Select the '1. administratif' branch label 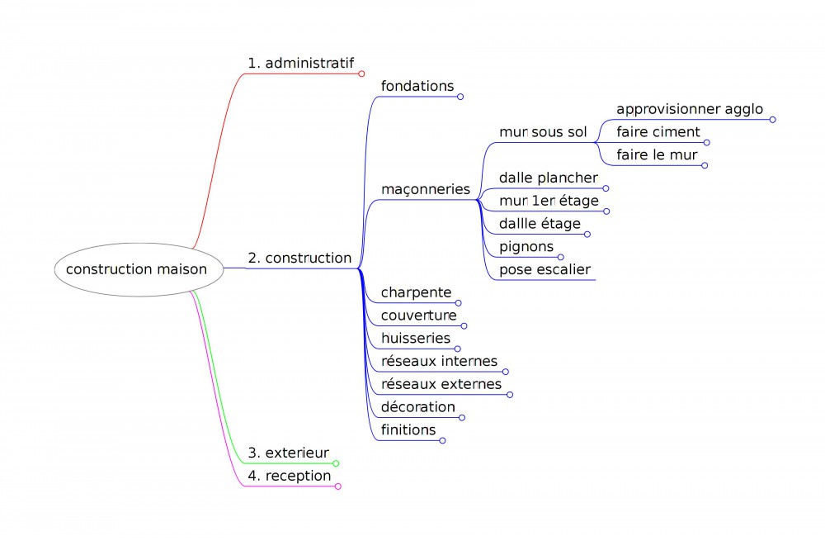[300, 63]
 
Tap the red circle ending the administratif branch [361, 74]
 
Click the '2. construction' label [299, 258]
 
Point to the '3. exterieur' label [288, 453]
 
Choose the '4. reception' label [289, 476]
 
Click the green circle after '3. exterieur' [336, 463]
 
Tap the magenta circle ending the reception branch [338, 486]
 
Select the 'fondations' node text [417, 86]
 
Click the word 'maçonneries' [425, 189]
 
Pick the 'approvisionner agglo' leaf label [690, 109]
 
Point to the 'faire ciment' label [658, 132]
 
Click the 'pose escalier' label [544, 269]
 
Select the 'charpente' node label [416, 292]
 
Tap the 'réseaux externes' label [441, 384]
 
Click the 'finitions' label [408, 429]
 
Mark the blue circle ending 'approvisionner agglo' [773, 120]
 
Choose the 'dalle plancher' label [548, 178]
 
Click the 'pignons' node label [526, 246]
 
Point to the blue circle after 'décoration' [462, 417]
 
